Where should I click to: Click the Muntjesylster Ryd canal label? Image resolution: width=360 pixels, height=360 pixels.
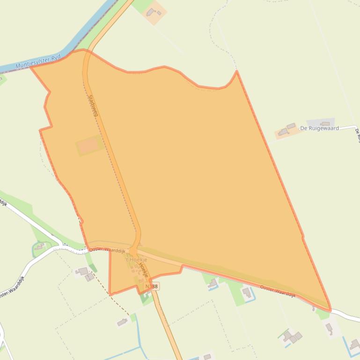(38, 62)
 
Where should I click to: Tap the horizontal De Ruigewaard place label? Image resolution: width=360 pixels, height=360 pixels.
(319, 128)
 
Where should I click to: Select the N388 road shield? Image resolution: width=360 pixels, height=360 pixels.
(151, 286)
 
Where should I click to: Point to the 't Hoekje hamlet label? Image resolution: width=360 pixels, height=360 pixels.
(136, 259)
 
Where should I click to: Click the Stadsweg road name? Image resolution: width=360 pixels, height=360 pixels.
(92, 105)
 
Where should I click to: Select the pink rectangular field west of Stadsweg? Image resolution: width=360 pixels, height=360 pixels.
(88, 146)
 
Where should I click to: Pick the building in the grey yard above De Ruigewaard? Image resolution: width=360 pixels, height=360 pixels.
(325, 123)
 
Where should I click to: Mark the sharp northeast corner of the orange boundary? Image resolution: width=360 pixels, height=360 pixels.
(237, 71)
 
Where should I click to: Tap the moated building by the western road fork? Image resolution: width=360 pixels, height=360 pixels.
(39, 246)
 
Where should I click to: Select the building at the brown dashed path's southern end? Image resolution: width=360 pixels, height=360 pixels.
(123, 322)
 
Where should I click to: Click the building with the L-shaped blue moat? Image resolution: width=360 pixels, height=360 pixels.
(246, 292)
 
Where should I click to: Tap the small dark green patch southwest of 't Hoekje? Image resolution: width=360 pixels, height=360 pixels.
(93, 267)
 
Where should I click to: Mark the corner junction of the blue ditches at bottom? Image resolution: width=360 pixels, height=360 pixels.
(140, 347)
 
